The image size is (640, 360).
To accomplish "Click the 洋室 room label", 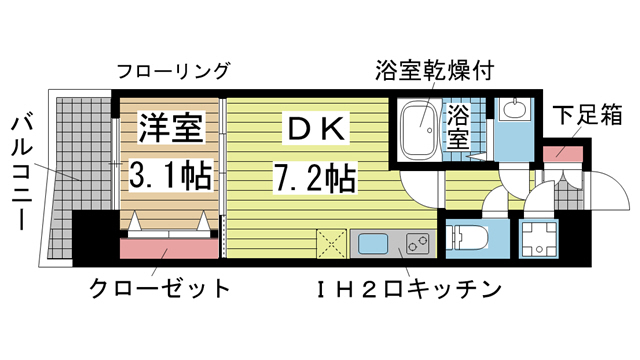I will point(171,127).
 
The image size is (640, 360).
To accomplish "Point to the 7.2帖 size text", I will point(314,176).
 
